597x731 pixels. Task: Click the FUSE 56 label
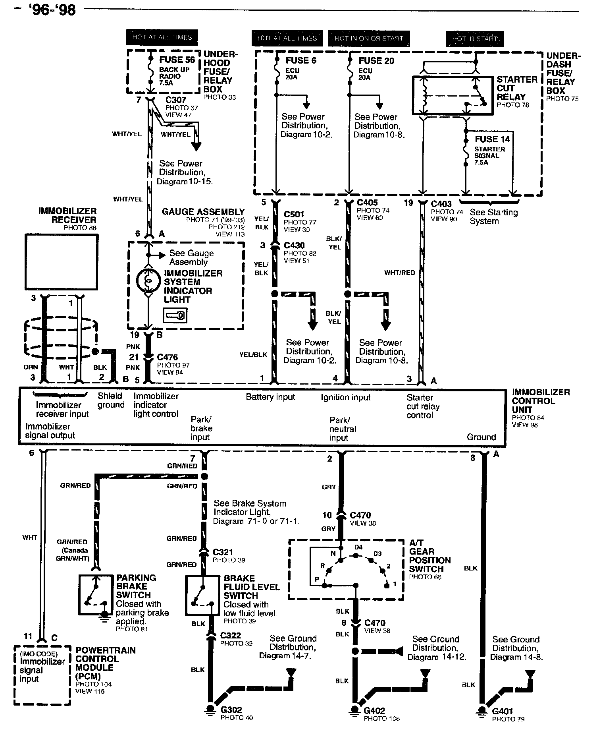tap(177, 60)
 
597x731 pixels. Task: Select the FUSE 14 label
tap(492, 139)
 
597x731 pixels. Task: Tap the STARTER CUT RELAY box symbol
tap(453, 95)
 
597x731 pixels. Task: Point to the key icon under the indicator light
tap(175, 315)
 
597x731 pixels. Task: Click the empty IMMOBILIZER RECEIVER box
tap(61, 262)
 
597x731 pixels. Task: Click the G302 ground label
tap(231, 710)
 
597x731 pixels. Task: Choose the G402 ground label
tap(374, 710)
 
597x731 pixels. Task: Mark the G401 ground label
tap(503, 711)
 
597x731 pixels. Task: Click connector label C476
tap(167, 357)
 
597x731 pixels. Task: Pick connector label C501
tap(294, 215)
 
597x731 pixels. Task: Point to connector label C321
tap(223, 552)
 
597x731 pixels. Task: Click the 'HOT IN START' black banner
tap(475, 39)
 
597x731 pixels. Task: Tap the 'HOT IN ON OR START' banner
tap(369, 39)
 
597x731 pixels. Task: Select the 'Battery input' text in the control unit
tap(270, 397)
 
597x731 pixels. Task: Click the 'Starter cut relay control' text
tap(423, 406)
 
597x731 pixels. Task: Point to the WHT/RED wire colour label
tap(399, 273)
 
